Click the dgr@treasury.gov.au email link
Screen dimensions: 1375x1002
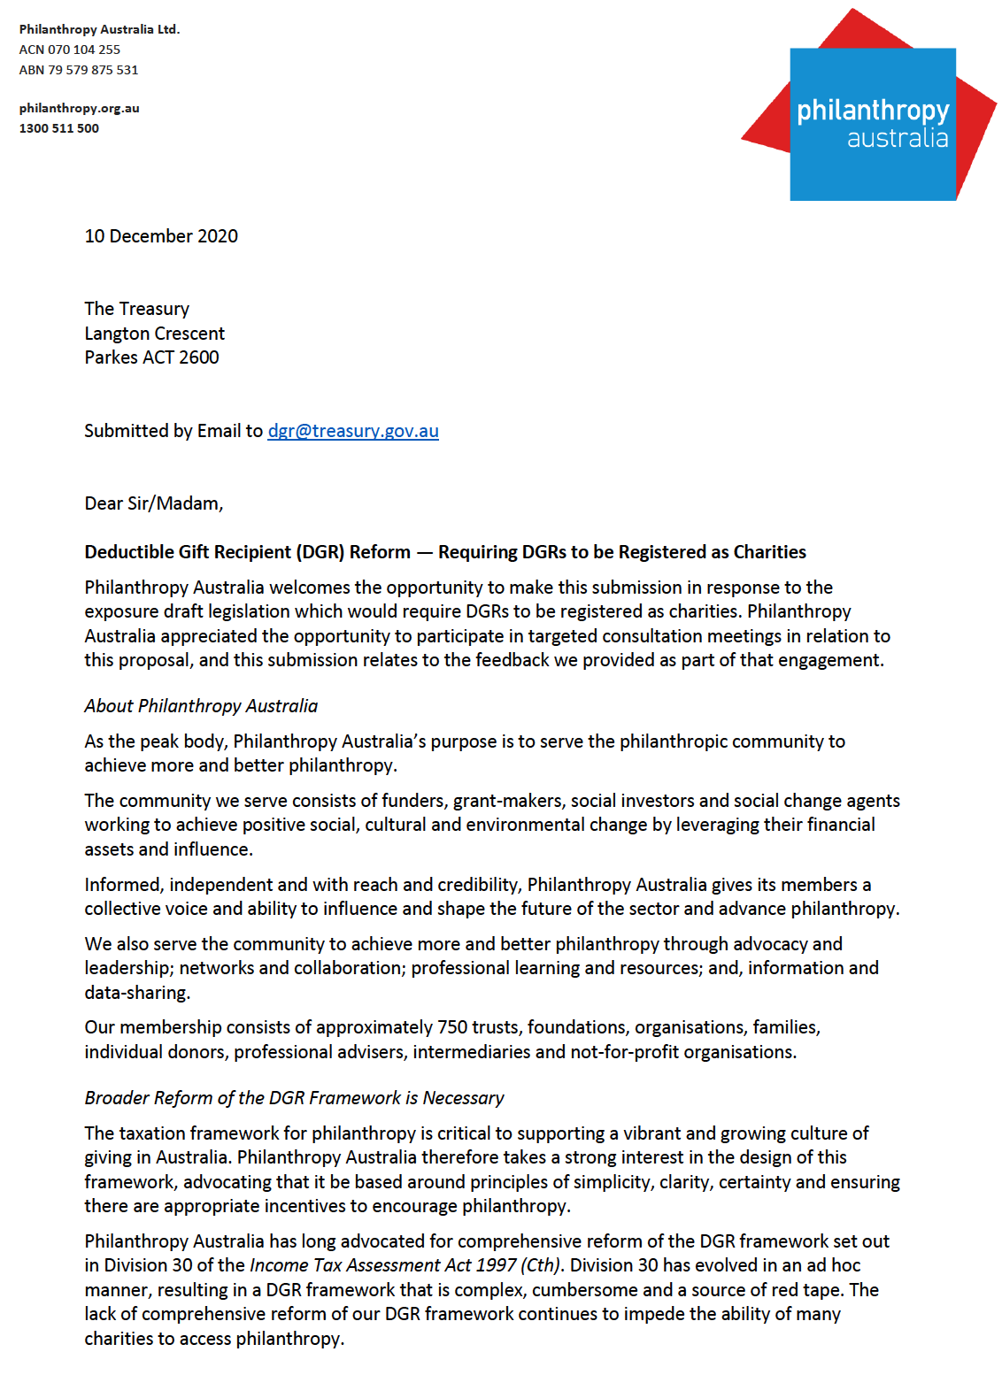353,431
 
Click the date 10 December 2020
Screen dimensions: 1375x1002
161,236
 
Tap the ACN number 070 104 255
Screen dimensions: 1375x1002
84,50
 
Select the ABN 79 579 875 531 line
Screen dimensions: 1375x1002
79,70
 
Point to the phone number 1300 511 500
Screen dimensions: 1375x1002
59,128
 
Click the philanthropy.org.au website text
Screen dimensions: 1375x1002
80,108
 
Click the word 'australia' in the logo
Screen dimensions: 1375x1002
897,139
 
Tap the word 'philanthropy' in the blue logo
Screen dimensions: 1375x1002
872,111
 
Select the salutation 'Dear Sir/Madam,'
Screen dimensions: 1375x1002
154,503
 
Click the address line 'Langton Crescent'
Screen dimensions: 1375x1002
155,334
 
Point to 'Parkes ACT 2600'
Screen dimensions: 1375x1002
151,357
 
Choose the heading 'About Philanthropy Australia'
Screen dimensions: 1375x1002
201,706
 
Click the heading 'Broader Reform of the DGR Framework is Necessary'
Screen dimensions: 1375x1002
294,1098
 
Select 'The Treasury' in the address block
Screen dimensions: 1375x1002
137,309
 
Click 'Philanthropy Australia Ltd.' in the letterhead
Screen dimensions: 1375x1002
99,29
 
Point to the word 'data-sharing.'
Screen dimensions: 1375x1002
137,993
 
